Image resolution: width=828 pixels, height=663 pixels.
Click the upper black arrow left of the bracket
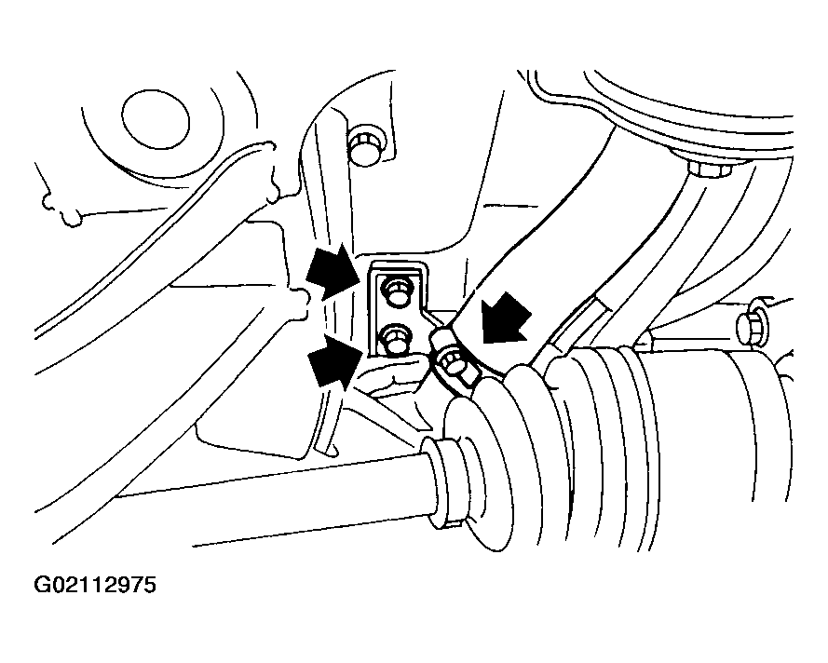pyautogui.click(x=336, y=270)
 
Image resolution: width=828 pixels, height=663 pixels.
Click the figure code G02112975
pyautogui.click(x=95, y=586)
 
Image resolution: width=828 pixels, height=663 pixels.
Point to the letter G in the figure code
pyautogui.click(x=43, y=586)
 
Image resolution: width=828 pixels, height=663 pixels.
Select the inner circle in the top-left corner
pyautogui.click(x=156, y=120)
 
